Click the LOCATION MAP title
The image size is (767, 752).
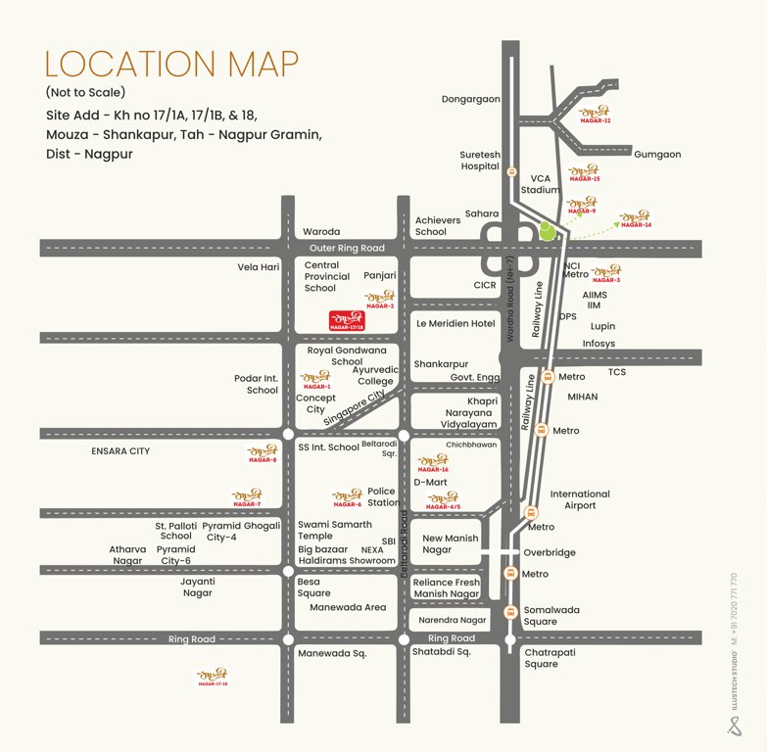coord(171,64)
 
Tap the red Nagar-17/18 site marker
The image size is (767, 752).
coord(346,319)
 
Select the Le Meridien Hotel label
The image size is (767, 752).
coord(455,323)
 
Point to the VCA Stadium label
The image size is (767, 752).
coord(541,184)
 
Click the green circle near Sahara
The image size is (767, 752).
coord(547,231)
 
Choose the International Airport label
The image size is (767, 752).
coord(579,500)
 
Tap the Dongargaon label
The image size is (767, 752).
coord(470,100)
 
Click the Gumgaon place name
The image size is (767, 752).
coord(657,155)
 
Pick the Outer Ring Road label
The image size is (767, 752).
coord(347,249)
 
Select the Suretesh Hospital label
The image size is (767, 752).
coord(480,161)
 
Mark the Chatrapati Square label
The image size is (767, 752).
coord(554,657)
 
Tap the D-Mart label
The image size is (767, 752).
coord(430,482)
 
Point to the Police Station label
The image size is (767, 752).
coord(383,497)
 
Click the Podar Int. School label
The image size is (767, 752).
coord(256,384)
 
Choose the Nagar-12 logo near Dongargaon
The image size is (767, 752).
coord(595,115)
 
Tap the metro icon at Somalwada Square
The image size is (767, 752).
coord(509,612)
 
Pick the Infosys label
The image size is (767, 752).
coord(599,344)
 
